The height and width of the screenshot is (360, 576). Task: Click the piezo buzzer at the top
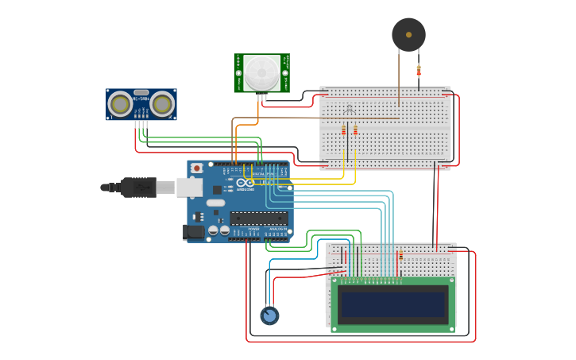(x=408, y=35)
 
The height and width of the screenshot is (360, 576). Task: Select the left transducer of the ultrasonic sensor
(x=121, y=104)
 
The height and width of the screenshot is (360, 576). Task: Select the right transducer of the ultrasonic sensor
(x=162, y=104)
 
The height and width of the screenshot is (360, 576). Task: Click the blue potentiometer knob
(x=269, y=315)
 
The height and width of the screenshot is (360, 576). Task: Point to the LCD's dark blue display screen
(x=392, y=304)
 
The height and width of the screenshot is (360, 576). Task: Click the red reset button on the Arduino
(x=196, y=168)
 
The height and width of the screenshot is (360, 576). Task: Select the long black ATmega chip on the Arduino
(x=258, y=217)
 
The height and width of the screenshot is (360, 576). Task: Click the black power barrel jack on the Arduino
(x=193, y=232)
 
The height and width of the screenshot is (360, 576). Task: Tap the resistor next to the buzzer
(x=419, y=71)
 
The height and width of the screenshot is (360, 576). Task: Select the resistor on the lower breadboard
(x=400, y=256)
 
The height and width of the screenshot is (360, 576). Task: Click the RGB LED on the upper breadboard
(x=349, y=109)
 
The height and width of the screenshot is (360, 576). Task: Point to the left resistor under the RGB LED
(x=344, y=130)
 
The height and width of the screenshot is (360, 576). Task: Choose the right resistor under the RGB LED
(x=355, y=130)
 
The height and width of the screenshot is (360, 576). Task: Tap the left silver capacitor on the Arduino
(x=213, y=230)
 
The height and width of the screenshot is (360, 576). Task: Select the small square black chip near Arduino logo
(x=217, y=190)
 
